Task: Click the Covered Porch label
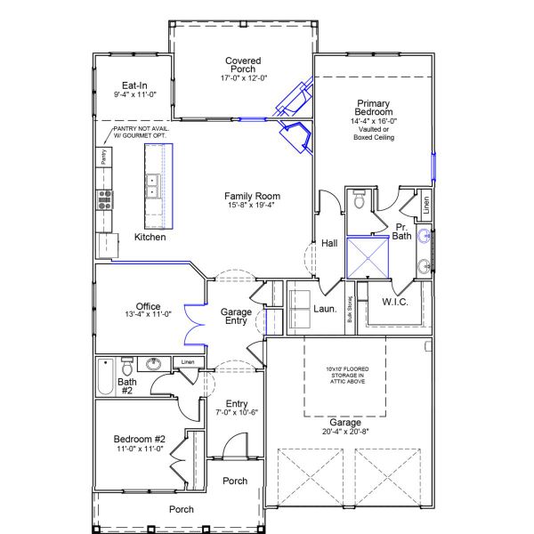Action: click(241, 65)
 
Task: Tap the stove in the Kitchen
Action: click(105, 198)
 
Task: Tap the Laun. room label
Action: click(325, 309)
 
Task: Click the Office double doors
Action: click(189, 324)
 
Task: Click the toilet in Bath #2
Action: click(126, 366)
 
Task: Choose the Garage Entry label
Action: click(237, 317)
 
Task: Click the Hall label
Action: click(329, 242)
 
